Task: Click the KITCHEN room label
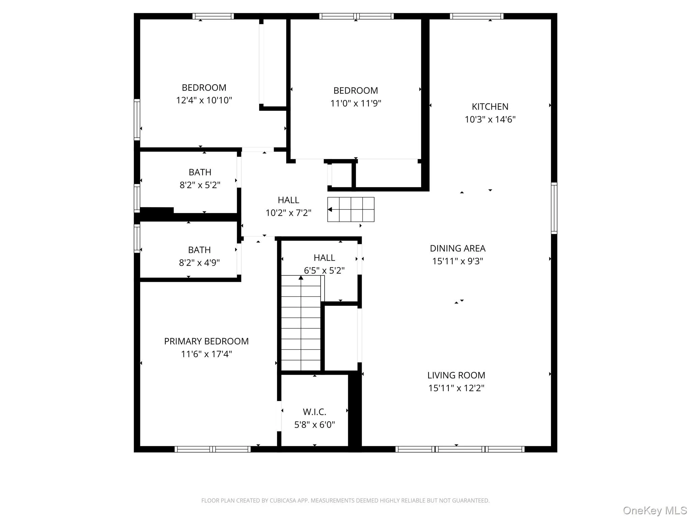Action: tap(490, 107)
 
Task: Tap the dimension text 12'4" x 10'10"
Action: tap(204, 100)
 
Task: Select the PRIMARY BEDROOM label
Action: tap(206, 341)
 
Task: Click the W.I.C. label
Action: tap(314, 412)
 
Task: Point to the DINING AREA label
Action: tap(457, 249)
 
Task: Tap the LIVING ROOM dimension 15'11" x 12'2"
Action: tap(456, 388)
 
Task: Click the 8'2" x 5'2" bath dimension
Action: tap(200, 185)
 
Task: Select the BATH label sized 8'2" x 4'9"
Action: tap(199, 250)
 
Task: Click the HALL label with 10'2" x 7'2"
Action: tap(288, 200)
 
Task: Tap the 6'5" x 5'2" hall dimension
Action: tap(324, 270)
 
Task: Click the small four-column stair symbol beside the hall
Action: tap(351, 209)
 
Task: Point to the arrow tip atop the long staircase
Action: tap(301, 278)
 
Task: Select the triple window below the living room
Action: tap(460, 449)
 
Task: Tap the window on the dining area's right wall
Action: tap(554, 208)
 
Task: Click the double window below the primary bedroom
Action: tap(212, 449)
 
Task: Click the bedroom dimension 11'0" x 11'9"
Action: tap(355, 103)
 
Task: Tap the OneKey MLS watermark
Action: tap(655, 510)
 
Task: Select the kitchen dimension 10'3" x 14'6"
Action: tap(490, 119)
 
